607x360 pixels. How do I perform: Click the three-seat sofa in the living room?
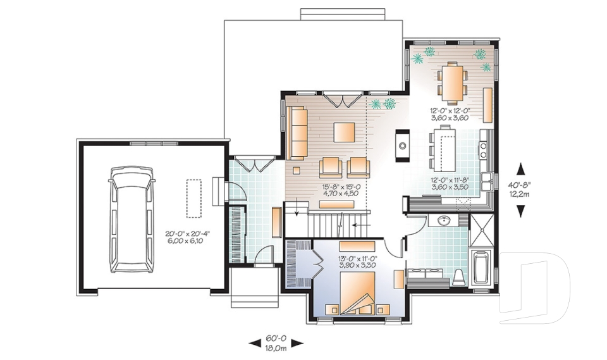[297, 133]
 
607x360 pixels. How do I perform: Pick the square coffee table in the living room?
[345, 132]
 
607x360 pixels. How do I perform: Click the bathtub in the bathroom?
[481, 268]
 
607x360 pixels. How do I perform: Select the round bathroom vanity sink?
[443, 221]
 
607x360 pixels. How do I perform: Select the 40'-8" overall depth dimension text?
[521, 185]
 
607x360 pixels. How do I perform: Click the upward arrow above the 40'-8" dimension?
[521, 169]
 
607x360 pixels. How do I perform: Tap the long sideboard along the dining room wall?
[488, 104]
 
